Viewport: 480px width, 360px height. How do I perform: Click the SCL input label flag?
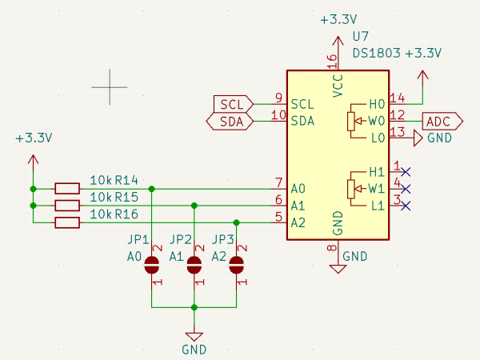[x=233, y=104]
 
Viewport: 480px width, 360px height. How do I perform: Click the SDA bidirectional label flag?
[x=230, y=122]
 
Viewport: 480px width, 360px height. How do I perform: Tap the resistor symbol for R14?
[x=67, y=189]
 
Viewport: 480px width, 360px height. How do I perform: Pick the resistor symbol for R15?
[x=67, y=206]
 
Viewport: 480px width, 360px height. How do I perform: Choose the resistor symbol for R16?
[x=67, y=222]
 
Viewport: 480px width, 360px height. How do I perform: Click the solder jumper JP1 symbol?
[x=152, y=266]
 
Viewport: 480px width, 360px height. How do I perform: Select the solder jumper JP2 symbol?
[x=194, y=266]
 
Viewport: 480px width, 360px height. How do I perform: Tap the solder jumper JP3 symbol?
[x=236, y=266]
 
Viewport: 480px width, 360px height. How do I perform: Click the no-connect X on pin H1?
[x=406, y=172]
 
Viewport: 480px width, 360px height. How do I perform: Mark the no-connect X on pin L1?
[x=406, y=206]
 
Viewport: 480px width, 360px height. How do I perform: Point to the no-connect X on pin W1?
[x=406, y=189]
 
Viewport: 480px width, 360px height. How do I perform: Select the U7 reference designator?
[x=360, y=38]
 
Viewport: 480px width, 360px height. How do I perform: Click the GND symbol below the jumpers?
[x=194, y=338]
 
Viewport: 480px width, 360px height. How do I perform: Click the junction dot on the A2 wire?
[x=236, y=222]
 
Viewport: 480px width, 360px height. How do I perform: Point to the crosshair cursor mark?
[x=109, y=85]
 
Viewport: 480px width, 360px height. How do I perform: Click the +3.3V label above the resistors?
[x=33, y=138]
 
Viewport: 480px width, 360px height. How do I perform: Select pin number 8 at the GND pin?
[x=331, y=249]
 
